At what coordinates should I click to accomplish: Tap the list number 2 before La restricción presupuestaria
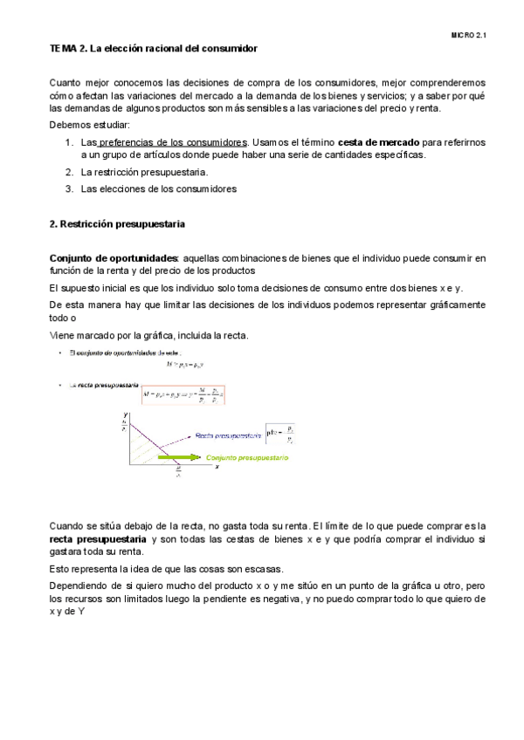tap(69, 173)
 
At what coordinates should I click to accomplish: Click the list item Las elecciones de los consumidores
tap(158, 188)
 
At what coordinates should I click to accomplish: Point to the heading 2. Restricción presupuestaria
tap(117, 224)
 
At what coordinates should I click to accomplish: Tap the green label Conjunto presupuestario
tap(247, 457)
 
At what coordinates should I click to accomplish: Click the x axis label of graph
tap(216, 467)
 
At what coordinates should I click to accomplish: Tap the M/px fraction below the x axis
tap(178, 476)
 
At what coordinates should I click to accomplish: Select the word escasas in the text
tap(262, 569)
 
